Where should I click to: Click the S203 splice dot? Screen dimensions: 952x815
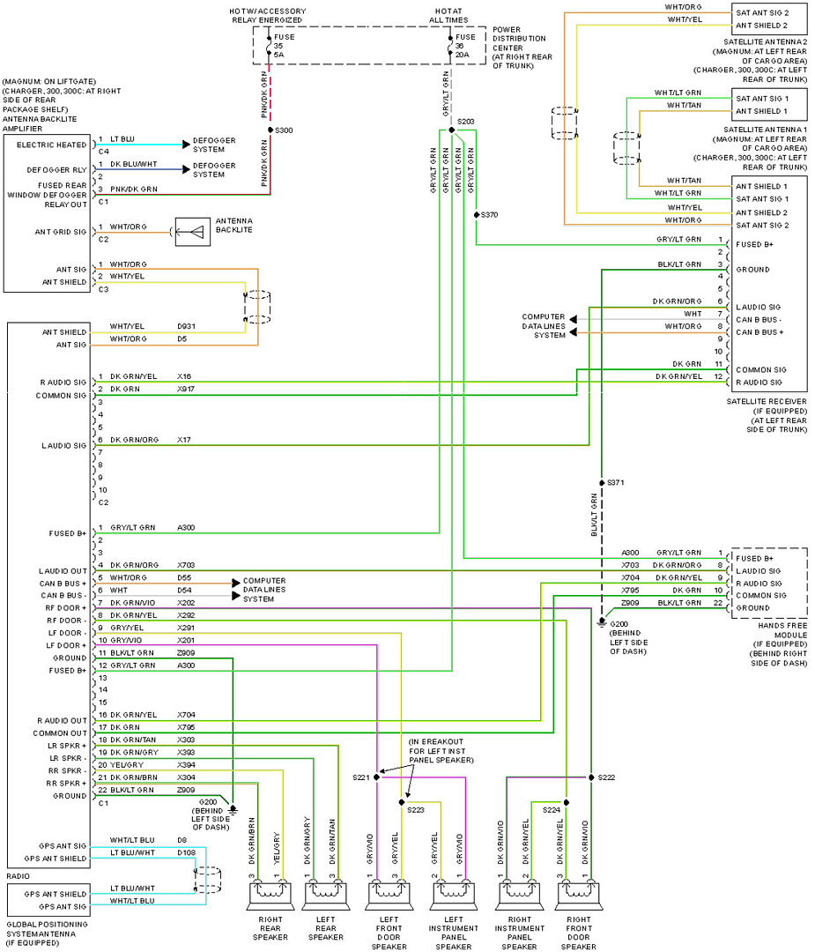pos(451,130)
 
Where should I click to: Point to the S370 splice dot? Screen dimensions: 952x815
pos(476,214)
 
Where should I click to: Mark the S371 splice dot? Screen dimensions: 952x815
pos(601,483)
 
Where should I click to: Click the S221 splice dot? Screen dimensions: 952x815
pos(377,777)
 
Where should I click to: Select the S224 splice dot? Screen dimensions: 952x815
pos(566,802)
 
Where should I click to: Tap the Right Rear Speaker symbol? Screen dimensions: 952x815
pos(267,894)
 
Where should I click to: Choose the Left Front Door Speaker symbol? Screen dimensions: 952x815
pos(389,894)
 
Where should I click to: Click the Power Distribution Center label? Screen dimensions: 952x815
pos(519,48)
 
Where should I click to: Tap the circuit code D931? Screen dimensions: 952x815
pos(187,326)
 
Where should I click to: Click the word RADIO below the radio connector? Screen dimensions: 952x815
pos(18,877)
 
